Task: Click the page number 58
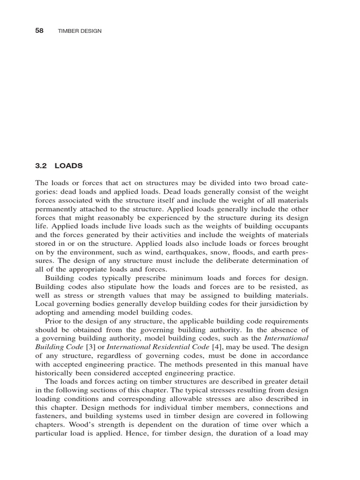coord(39,30)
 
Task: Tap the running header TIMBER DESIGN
coord(79,31)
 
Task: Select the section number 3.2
coord(42,166)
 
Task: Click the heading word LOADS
coord(69,166)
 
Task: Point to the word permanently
coord(57,201)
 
